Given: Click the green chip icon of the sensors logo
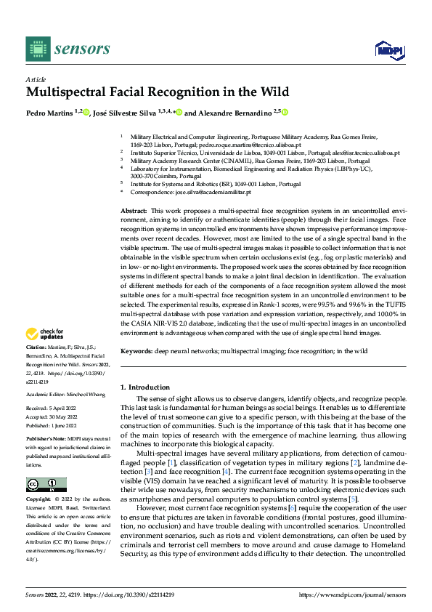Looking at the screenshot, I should coord(37,49).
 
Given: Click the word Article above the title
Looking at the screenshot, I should coord(36,78).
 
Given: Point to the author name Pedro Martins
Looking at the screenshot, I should coord(52,113).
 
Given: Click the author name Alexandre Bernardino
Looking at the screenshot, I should coord(232,113).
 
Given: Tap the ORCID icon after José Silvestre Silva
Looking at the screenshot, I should coord(178,113).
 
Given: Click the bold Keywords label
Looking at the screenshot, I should coord(136,351).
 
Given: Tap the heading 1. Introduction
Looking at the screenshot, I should coord(144,387).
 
